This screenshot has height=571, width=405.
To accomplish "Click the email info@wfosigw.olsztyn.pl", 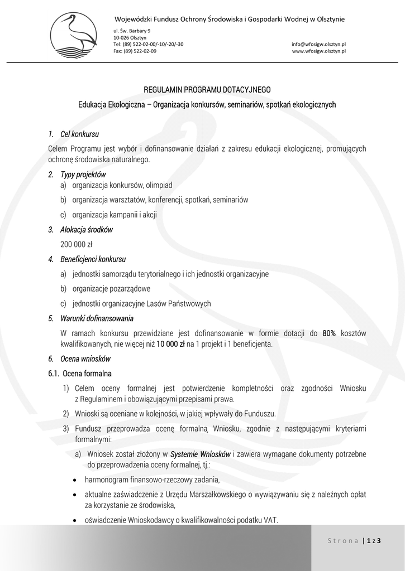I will coord(319,43).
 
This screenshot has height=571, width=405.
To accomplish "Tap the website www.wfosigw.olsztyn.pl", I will coord(319,50).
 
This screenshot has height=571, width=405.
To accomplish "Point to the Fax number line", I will coord(135,50).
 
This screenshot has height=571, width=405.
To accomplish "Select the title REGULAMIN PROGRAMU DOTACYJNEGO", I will coord(207,89).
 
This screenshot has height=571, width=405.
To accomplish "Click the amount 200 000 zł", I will coord(77,244).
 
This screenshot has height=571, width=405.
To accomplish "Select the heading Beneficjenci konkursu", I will coord(93,259).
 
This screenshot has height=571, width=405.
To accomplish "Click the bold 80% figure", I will coord(329,333).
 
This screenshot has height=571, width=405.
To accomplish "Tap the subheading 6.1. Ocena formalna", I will coord(80,373).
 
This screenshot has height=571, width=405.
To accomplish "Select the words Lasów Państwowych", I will coord(184,303).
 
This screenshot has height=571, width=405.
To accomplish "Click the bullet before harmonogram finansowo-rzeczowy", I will coord(75,480).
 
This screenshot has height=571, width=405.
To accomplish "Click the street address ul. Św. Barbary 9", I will coord(132,30).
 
